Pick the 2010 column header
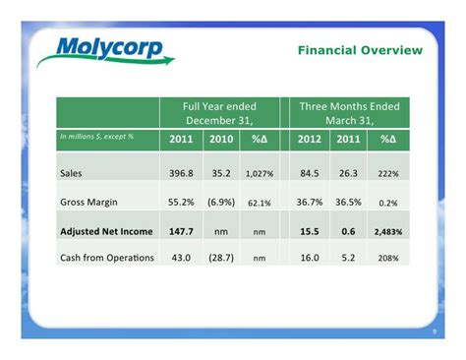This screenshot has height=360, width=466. [220, 139]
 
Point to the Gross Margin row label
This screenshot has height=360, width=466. [90, 202]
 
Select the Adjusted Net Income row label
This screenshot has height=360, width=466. [106, 230]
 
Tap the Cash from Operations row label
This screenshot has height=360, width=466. [106, 258]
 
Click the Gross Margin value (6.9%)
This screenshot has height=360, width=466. [220, 202]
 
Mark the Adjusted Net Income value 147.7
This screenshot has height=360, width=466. [181, 230]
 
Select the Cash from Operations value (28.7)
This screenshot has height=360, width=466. [220, 258]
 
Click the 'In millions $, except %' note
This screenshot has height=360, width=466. [97, 136]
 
